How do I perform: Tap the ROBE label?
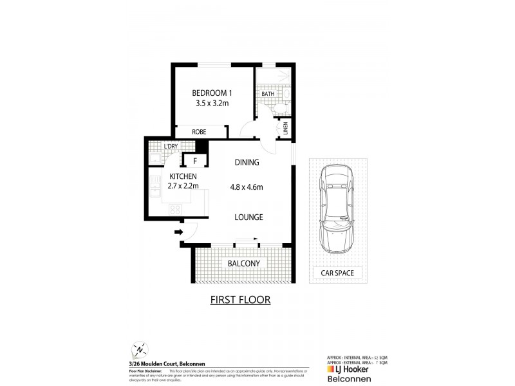198,131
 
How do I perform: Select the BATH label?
267,95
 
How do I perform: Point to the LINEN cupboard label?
286,129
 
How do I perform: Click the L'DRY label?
171,147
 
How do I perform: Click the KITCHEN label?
183,176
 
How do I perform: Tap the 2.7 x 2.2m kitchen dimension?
184,186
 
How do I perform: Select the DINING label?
247,163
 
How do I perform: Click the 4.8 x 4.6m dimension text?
247,187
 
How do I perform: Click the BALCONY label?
243,264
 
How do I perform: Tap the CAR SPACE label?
337,273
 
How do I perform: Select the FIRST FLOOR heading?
241,300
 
